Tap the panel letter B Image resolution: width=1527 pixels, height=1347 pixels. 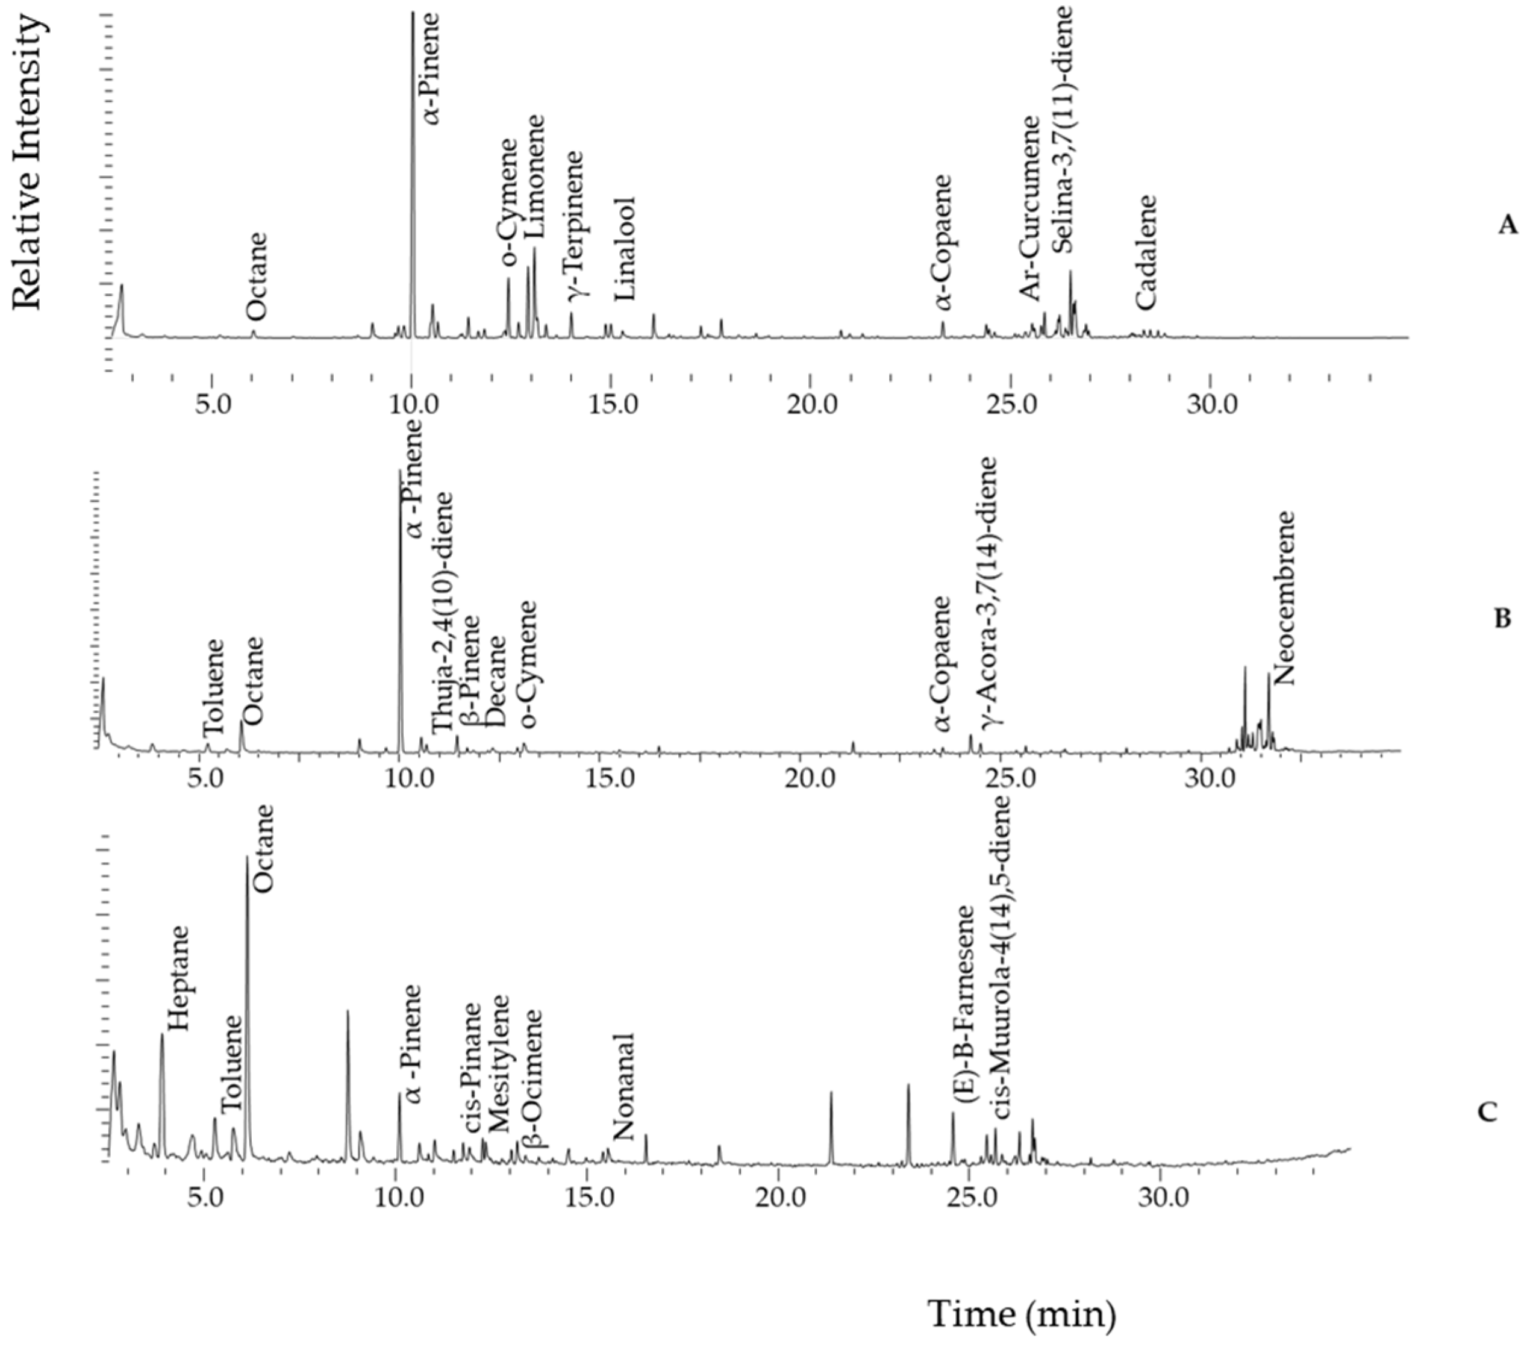click(1501, 619)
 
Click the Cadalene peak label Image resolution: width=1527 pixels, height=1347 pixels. click(1145, 252)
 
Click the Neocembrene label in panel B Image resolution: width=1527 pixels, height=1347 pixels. click(1282, 598)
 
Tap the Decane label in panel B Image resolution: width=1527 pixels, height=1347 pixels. click(495, 681)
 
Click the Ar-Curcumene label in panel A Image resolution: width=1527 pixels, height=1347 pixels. click(1031, 208)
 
